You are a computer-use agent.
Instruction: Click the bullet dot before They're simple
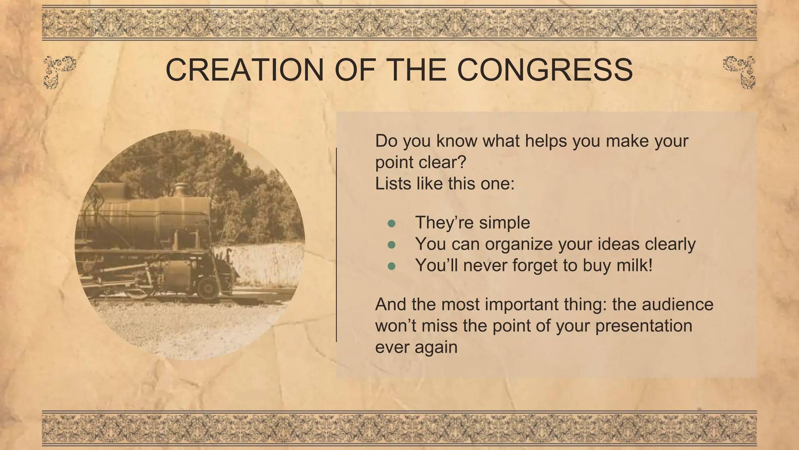pos(392,223)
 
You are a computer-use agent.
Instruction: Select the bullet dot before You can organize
pos(392,245)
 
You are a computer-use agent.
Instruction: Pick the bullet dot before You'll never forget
pos(392,266)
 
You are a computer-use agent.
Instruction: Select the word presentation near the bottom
pos(644,326)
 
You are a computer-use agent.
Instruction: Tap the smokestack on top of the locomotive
pos(181,189)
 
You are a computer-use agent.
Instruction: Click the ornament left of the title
pos(59,71)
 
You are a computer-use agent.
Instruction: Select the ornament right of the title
pos(740,71)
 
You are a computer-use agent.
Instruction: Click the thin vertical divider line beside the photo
pos(336,245)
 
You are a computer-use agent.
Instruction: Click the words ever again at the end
pos(416,347)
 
